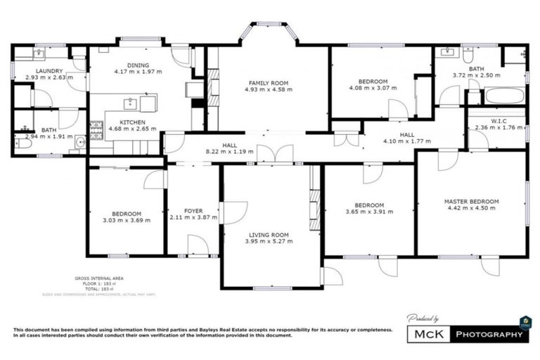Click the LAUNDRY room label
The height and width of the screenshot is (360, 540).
tap(44, 71)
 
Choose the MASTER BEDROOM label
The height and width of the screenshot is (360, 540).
tap(471, 202)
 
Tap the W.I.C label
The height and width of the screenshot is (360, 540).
tap(499, 121)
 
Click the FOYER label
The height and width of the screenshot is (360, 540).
tap(193, 210)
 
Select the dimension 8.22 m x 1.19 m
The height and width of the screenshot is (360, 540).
tap(229, 151)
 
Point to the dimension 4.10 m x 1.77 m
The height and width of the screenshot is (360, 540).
tap(407, 141)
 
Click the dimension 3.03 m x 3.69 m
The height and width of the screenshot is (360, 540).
tap(127, 221)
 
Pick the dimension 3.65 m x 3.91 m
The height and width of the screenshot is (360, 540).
tap(370, 212)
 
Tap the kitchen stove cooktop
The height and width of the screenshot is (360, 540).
tap(96, 129)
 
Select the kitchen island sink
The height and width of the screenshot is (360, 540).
tap(131, 104)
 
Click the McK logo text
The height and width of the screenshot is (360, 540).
tap(428, 335)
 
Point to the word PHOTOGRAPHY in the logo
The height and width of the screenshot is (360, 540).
tap(491, 335)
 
